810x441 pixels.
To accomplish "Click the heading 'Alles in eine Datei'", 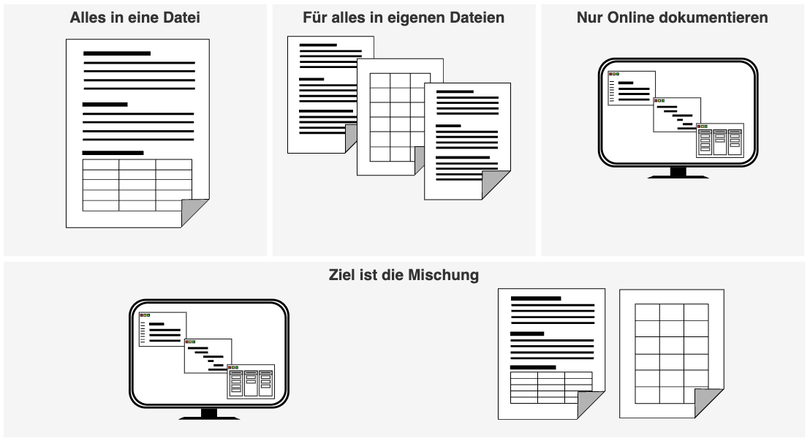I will (136, 17).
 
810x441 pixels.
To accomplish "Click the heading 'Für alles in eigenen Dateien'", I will (404, 17).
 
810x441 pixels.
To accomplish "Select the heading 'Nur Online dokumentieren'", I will (673, 17).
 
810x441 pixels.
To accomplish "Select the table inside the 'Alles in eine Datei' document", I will (137, 184).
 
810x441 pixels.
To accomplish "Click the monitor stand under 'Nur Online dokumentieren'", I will (678, 173).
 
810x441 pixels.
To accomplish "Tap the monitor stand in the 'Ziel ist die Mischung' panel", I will (208, 414).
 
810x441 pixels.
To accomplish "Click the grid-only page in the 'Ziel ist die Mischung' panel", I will (672, 353).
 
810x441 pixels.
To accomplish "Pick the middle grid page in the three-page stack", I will (399, 117).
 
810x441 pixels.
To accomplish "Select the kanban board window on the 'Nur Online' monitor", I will (720, 140).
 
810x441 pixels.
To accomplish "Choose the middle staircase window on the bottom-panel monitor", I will (208, 355).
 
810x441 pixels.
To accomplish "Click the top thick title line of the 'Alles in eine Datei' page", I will (117, 53).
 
